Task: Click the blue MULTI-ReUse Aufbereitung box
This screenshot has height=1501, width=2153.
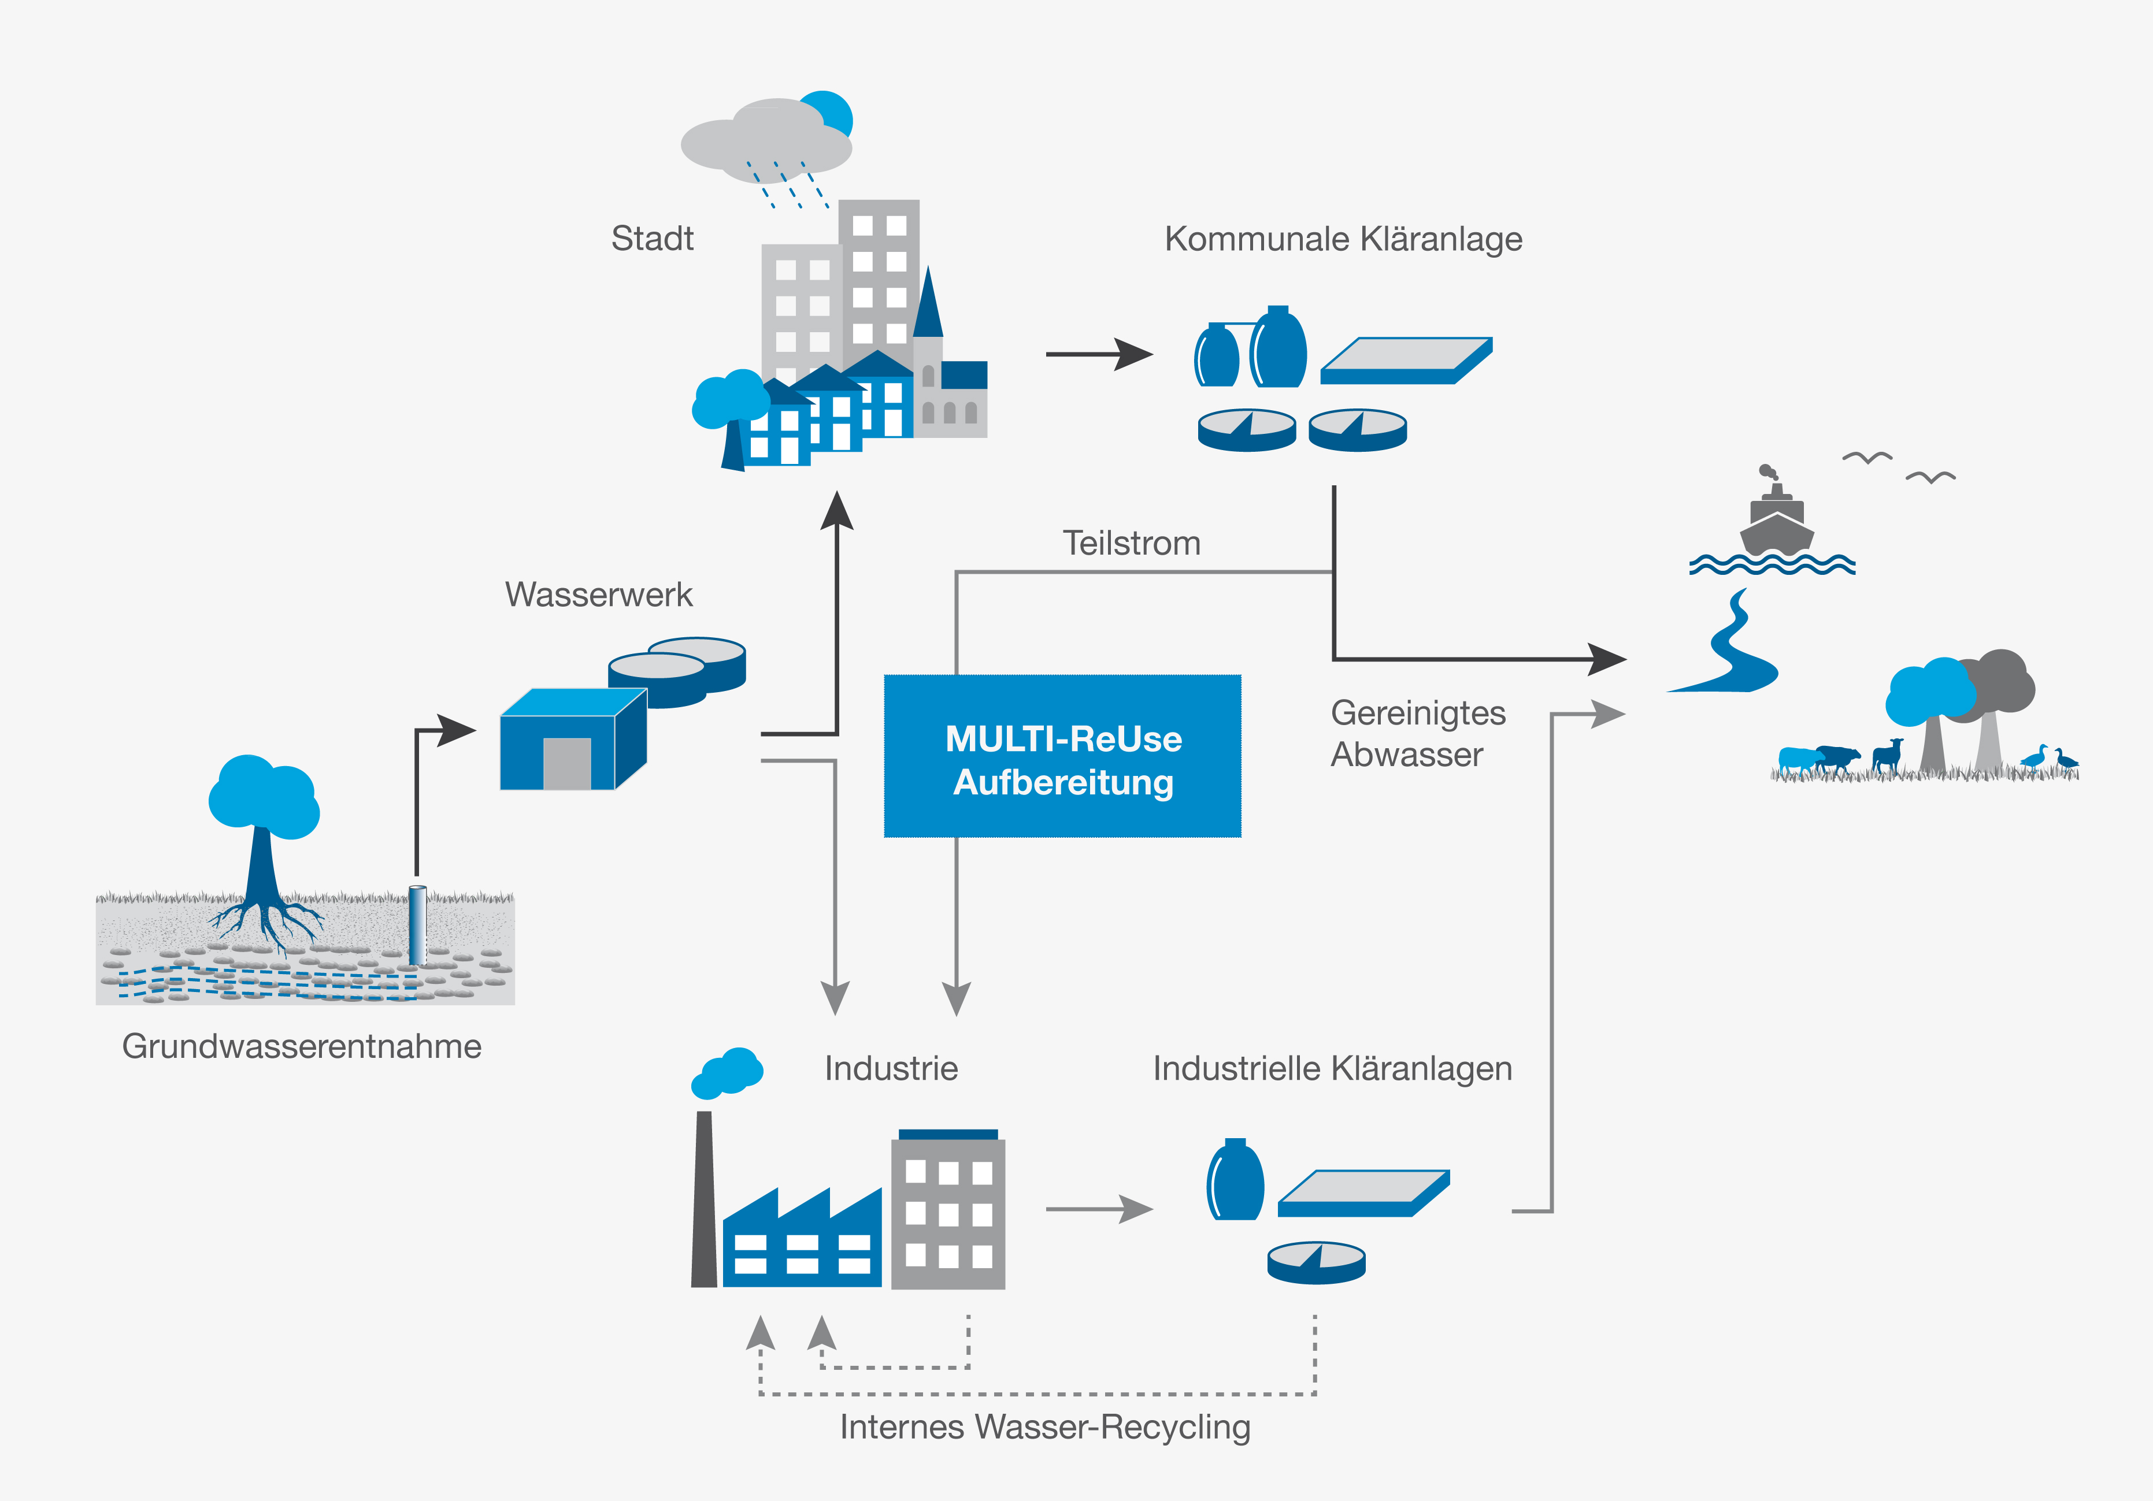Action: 1062,756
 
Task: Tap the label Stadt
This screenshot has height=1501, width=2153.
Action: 652,238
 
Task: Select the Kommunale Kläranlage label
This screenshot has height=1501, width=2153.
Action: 1343,239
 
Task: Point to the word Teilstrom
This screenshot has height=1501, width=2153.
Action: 1131,543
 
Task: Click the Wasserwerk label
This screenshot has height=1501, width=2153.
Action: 598,595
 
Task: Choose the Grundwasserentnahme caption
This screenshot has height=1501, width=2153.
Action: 301,1045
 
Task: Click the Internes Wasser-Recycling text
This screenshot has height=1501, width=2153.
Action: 1044,1426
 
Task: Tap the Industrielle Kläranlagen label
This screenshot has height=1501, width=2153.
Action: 1332,1068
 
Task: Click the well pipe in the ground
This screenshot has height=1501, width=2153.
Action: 417,926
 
